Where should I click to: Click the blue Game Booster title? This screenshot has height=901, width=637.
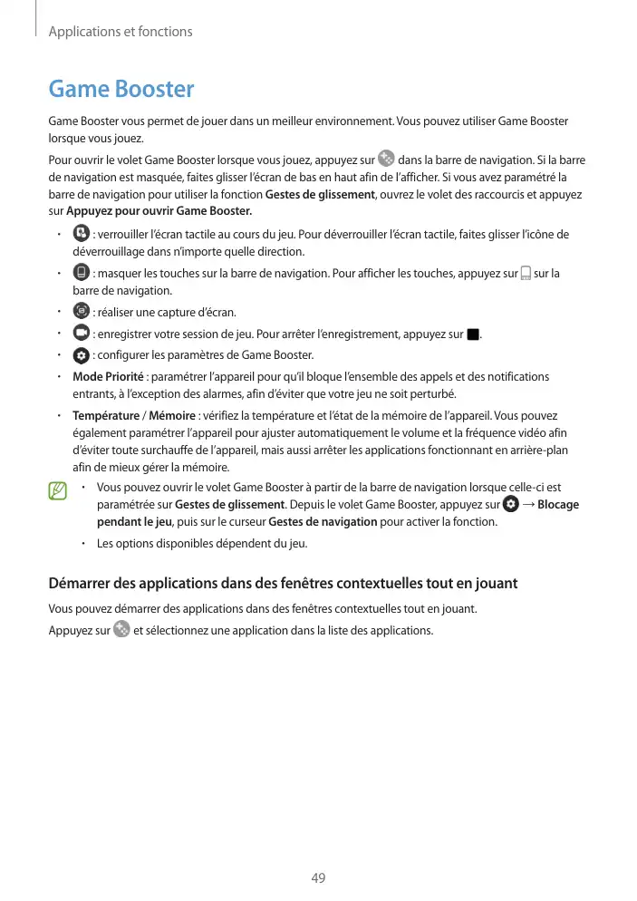(x=121, y=89)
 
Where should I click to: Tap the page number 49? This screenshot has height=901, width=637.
(x=318, y=878)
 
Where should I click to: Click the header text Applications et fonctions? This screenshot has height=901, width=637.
(x=121, y=32)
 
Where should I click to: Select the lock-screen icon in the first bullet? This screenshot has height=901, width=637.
(x=80, y=234)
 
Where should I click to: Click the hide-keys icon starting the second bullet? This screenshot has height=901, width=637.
(x=80, y=272)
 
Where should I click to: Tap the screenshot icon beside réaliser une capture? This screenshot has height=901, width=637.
(x=80, y=311)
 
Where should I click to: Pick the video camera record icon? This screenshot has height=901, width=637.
(x=80, y=333)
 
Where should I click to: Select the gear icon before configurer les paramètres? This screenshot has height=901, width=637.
(x=80, y=354)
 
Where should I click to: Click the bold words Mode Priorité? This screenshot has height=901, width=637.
(x=107, y=376)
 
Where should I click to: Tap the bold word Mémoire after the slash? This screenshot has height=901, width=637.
(x=178, y=415)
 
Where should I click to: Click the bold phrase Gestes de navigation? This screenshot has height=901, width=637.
(x=323, y=522)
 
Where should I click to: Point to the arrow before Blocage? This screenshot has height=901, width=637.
(x=528, y=505)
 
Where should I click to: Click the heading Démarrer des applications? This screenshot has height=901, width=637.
(x=283, y=584)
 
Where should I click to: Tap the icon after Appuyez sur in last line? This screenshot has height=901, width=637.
(x=121, y=629)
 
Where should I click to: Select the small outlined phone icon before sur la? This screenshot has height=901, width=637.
(x=526, y=273)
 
